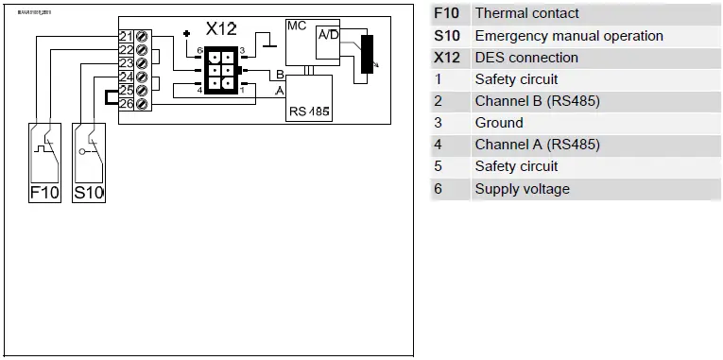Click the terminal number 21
126,36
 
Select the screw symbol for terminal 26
142,103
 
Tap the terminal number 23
126,63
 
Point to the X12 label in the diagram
222,30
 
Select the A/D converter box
329,36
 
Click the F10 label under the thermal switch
43,193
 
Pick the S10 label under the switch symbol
89,193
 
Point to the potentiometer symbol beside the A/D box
367,57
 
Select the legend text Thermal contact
526,13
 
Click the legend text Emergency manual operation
569,36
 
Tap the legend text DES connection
526,58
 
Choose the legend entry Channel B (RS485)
537,101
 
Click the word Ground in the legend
499,123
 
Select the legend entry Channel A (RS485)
537,145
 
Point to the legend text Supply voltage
522,189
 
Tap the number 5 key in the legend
439,166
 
